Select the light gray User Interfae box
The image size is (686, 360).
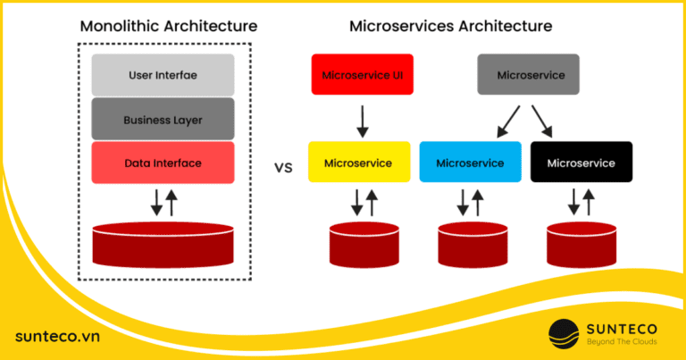[163, 75]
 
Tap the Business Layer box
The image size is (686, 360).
[163, 119]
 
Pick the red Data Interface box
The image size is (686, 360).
[163, 163]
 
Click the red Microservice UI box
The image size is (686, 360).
[358, 75]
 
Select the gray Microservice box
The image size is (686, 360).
[528, 75]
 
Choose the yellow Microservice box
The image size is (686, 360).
[358, 163]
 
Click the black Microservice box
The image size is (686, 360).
[581, 163]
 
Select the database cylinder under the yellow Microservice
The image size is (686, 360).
[364, 244]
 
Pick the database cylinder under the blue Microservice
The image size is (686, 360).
[472, 244]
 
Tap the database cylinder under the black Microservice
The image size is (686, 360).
[581, 244]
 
